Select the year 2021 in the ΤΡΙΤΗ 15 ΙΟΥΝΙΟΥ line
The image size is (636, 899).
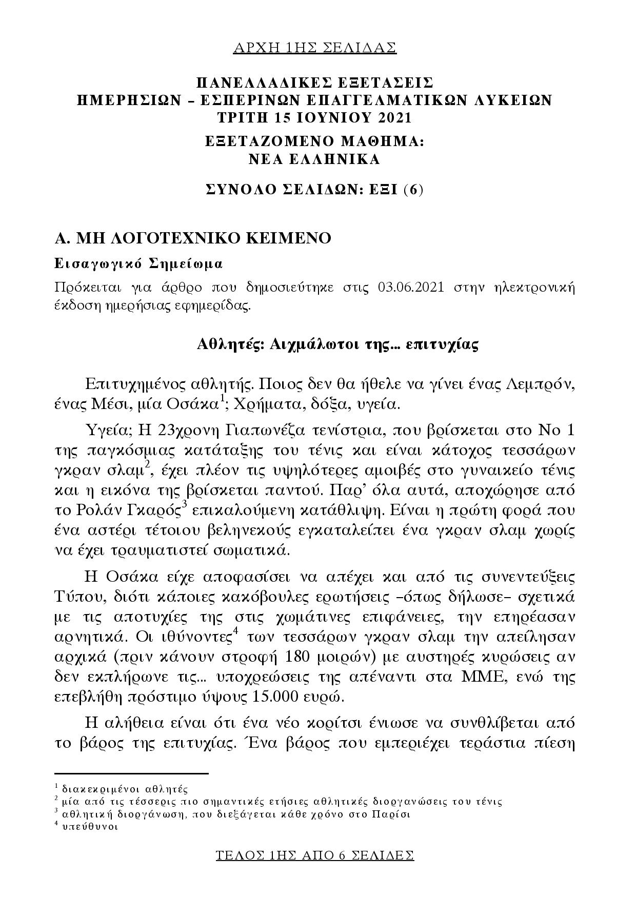393,117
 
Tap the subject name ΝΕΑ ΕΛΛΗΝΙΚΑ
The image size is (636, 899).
314,159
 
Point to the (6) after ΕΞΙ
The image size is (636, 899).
413,190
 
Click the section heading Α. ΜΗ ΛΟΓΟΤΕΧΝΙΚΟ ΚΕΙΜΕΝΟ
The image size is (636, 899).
193,238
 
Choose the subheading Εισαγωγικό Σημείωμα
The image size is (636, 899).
138,264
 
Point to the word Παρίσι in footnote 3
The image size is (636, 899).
391,814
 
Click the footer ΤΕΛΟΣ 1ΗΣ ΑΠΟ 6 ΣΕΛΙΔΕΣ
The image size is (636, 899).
315,855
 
